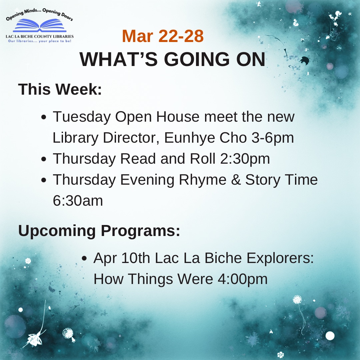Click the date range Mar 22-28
[163, 36]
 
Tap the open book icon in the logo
[40, 26]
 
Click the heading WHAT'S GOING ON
[173, 59]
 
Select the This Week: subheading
[60, 89]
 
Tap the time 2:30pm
[245, 159]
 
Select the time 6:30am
[78, 201]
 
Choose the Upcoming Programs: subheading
[99, 231]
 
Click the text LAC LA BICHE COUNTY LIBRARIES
[40, 36]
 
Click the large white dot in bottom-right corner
[330, 336]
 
